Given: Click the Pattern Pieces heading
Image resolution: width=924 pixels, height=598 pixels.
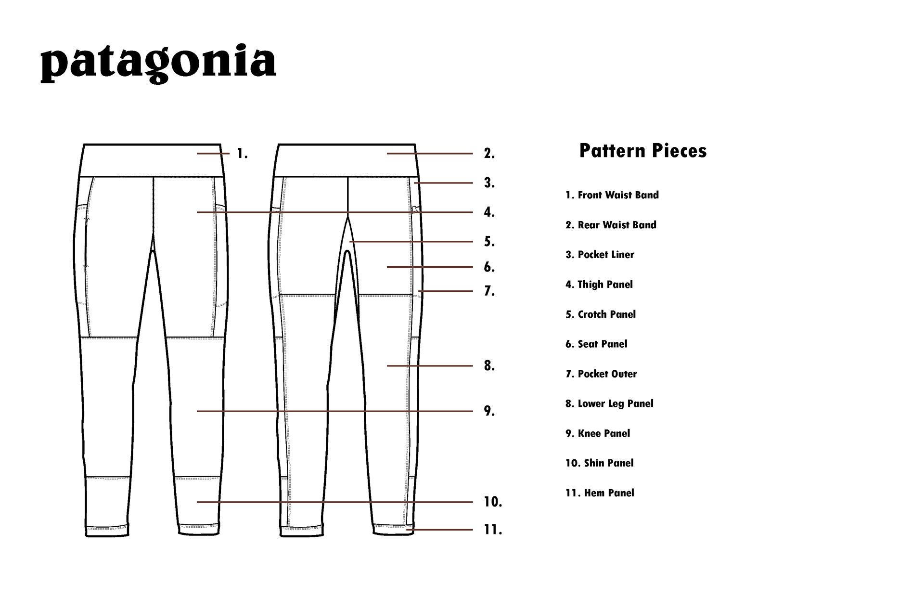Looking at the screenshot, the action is pyautogui.click(x=642, y=151).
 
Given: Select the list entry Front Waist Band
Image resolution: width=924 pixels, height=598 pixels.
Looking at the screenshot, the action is pyautogui.click(x=612, y=195).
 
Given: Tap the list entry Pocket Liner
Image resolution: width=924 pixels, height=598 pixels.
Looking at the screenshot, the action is pyautogui.click(x=600, y=255).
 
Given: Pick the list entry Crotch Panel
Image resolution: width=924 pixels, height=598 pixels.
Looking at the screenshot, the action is pyautogui.click(x=600, y=314).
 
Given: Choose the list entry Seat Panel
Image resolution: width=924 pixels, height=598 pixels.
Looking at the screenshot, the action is pyautogui.click(x=596, y=344).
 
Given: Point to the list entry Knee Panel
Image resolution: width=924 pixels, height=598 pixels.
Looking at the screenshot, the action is pyautogui.click(x=597, y=433).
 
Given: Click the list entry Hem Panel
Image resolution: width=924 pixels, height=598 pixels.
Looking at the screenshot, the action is pyautogui.click(x=600, y=493).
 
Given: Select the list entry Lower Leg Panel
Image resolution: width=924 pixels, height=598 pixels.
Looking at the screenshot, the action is pyautogui.click(x=609, y=403).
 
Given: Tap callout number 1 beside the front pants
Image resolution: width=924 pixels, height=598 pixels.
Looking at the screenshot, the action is pyautogui.click(x=242, y=154).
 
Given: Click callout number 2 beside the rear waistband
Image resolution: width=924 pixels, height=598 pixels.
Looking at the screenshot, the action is pyautogui.click(x=489, y=154).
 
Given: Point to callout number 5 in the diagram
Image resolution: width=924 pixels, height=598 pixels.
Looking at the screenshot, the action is pyautogui.click(x=489, y=242).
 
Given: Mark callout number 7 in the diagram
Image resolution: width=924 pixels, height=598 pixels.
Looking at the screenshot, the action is pyautogui.click(x=489, y=291).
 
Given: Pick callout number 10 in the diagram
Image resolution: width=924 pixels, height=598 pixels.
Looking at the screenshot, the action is pyautogui.click(x=492, y=502).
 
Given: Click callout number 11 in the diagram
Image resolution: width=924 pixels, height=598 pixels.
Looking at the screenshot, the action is pyautogui.click(x=492, y=530).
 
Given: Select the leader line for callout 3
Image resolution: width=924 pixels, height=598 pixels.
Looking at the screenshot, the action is pyautogui.click(x=443, y=183).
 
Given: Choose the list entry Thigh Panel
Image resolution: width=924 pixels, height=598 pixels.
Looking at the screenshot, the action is pyautogui.click(x=599, y=285).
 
